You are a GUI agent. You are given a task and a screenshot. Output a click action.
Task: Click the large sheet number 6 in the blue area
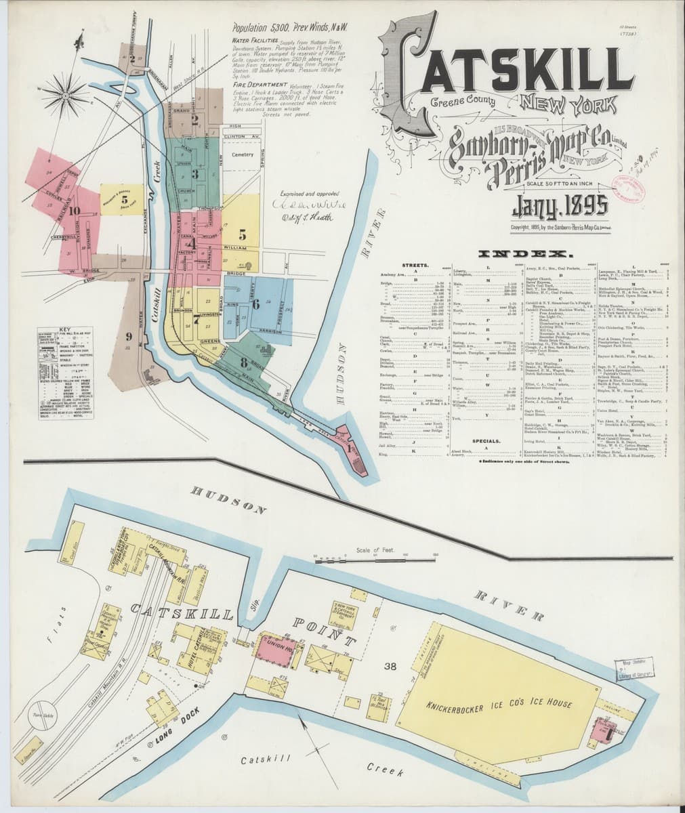click(x=255, y=304)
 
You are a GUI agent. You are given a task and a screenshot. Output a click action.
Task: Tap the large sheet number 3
click(x=194, y=173)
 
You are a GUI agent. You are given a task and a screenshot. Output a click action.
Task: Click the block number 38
click(x=390, y=667)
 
